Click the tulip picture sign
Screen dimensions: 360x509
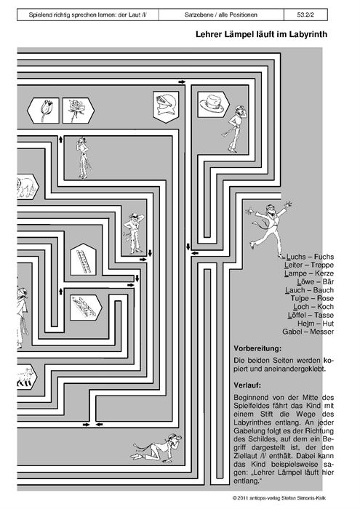(x=43, y=111)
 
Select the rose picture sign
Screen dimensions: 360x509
(x=79, y=111)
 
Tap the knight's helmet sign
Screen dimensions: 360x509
(x=166, y=106)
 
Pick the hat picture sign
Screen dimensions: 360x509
(x=213, y=104)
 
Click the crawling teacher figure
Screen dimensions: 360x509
(x=157, y=448)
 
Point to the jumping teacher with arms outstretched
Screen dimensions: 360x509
(x=269, y=228)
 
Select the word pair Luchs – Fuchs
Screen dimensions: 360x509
(x=310, y=257)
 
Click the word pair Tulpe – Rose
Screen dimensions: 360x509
(x=312, y=298)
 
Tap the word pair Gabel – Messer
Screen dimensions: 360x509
(x=308, y=332)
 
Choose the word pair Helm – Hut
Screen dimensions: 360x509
(x=316, y=324)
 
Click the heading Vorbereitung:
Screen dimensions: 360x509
(x=257, y=348)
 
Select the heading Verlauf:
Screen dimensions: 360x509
(x=247, y=385)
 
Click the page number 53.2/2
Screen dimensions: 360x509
(x=305, y=15)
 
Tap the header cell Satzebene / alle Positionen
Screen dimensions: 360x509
(x=221, y=15)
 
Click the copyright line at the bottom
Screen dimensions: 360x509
(x=279, y=498)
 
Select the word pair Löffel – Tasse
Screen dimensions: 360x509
(x=311, y=315)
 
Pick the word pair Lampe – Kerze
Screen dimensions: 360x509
(x=309, y=273)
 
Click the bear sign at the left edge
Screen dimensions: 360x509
(x=28, y=186)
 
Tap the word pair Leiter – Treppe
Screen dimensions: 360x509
(x=309, y=265)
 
